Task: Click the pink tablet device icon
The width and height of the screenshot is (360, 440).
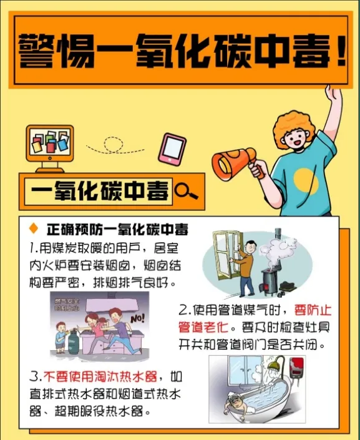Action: [x=172, y=150]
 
